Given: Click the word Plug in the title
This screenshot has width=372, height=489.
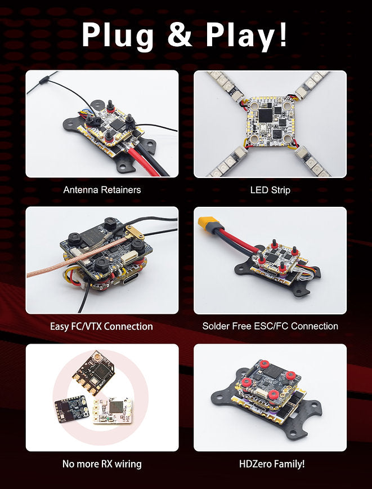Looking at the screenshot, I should pyautogui.click(x=117, y=35).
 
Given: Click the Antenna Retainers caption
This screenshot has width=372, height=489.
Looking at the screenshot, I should pyautogui.click(x=102, y=190).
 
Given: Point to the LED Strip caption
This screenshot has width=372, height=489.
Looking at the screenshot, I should pyautogui.click(x=270, y=190).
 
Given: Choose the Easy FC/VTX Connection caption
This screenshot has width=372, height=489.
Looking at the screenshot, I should pyautogui.click(x=102, y=326).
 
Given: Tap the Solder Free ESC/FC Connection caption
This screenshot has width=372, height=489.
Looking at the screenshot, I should pyautogui.click(x=270, y=326).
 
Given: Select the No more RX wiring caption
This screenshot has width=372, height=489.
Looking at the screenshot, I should pyautogui.click(x=102, y=464).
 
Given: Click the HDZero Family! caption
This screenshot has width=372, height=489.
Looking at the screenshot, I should pyautogui.click(x=270, y=464).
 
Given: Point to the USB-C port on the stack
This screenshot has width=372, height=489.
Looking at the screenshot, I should pyautogui.click(x=118, y=279).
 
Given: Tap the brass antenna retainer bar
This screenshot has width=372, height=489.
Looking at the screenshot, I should pyautogui.click(x=136, y=232).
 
